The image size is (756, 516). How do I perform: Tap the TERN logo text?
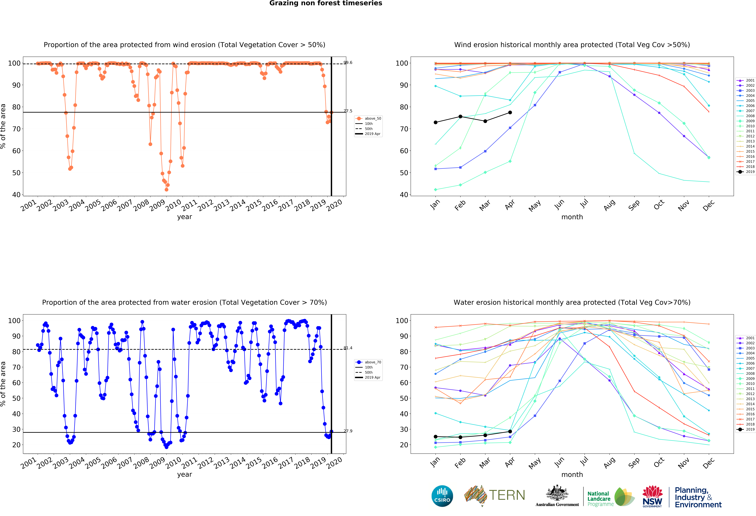pyautogui.click(x=507, y=495)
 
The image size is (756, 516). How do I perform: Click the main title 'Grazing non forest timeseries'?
pyautogui.click(x=326, y=3)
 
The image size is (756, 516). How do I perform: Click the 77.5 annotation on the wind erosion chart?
pyautogui.click(x=348, y=111)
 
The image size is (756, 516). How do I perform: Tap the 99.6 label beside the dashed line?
pyautogui.click(x=348, y=63)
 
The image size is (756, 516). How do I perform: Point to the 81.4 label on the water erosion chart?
pyautogui.click(x=348, y=348)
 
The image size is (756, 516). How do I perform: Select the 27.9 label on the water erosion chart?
pyautogui.click(x=348, y=431)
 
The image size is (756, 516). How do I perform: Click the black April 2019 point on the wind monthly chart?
pyautogui.click(x=510, y=112)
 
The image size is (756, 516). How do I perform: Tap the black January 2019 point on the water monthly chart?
pyautogui.click(x=436, y=437)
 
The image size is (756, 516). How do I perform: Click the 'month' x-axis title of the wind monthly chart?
pyautogui.click(x=572, y=217)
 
